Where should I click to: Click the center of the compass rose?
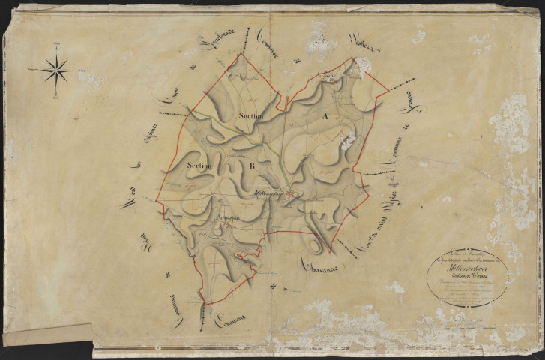coord(56,70)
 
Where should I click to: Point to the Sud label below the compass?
coord(56,95)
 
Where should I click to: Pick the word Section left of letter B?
coord(201,165)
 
